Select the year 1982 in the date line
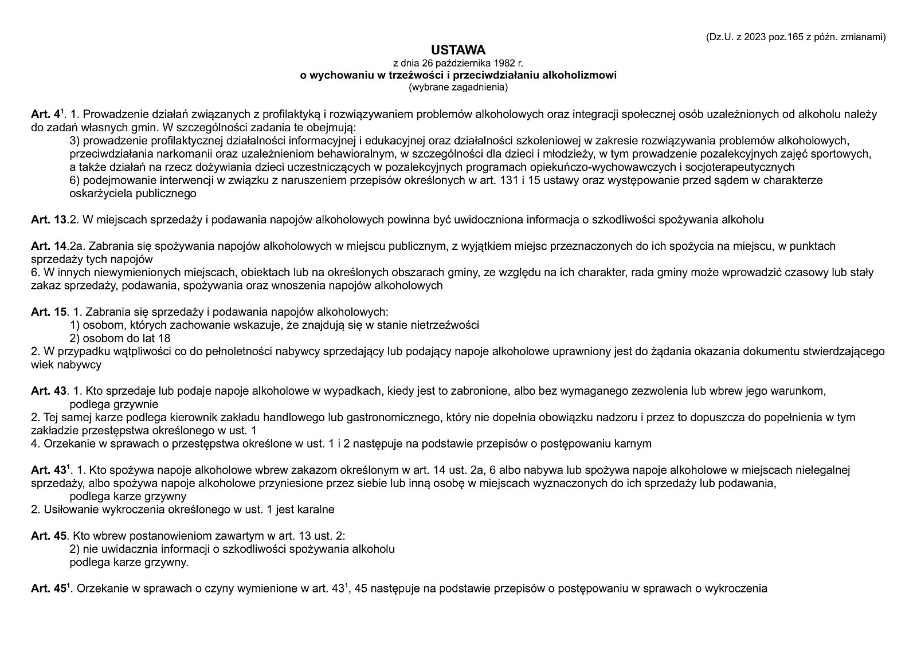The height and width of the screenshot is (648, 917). [503, 62]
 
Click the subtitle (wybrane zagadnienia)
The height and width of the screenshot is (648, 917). [458, 88]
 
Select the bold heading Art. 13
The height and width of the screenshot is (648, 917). [49, 219]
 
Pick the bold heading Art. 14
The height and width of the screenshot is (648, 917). [49, 246]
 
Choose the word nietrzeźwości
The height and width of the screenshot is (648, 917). [445, 325]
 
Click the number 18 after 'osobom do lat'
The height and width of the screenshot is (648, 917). [164, 338]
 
